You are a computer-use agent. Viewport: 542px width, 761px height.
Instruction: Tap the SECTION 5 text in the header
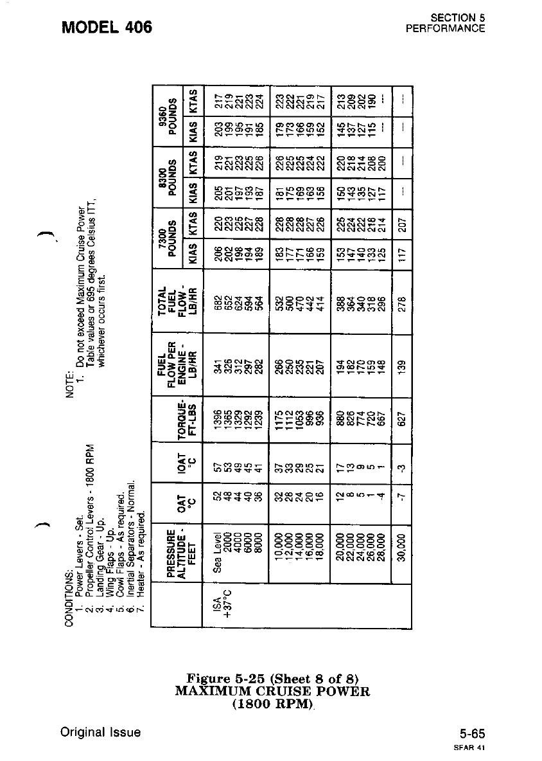458,18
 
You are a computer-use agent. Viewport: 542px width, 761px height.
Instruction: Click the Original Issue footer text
101,732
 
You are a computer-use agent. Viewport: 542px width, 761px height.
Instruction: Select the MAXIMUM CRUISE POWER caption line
272,692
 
